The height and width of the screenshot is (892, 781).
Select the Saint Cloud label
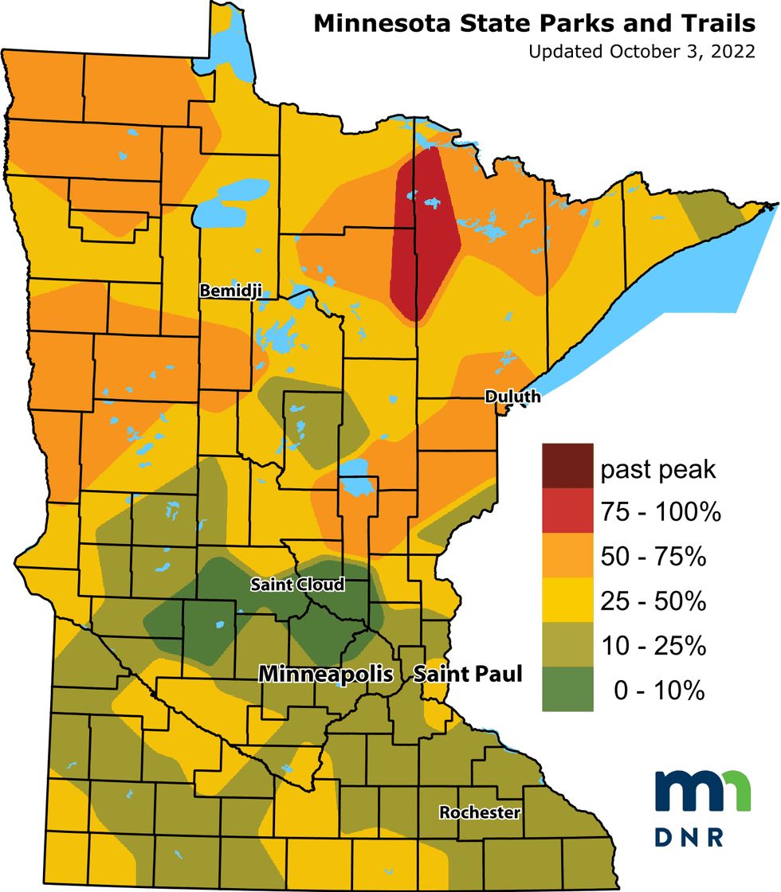(297, 585)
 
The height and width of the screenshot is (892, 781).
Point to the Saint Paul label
(468, 675)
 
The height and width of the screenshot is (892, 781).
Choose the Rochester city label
(480, 812)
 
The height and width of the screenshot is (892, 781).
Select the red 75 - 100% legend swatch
(567, 511)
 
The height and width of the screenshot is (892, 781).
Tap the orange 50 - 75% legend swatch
(567, 556)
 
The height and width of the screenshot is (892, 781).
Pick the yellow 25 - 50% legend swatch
(567, 601)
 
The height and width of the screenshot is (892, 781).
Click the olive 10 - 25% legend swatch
(567, 645)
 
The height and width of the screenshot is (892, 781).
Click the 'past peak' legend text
(658, 470)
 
